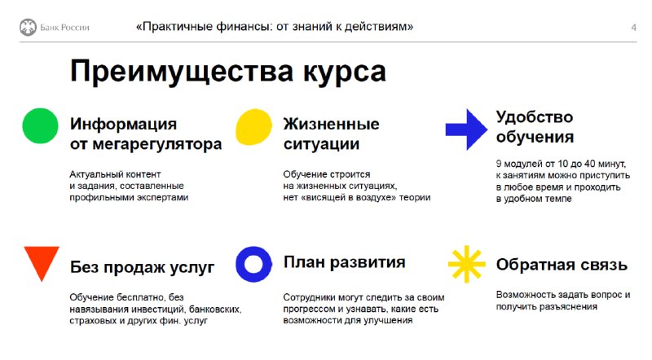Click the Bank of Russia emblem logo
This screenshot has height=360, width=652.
point(28,28)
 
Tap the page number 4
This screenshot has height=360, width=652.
point(633,28)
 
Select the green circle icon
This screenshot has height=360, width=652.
point(40,126)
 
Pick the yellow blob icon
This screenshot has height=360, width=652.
point(253,127)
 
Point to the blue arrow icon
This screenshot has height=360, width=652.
point(466,130)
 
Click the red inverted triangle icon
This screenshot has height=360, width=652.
point(42,262)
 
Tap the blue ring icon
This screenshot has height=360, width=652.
point(253,265)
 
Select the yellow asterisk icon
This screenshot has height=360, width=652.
point(466,264)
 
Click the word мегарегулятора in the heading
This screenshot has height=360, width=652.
point(157,145)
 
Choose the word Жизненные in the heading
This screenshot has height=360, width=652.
point(331,124)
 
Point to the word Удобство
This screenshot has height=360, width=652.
point(535,116)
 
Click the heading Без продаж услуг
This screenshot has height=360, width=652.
point(142,267)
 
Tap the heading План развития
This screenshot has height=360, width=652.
point(344,262)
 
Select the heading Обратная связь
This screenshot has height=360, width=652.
point(562,265)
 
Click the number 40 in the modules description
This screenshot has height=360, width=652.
point(589,164)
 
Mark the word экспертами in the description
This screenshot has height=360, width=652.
point(165,197)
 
